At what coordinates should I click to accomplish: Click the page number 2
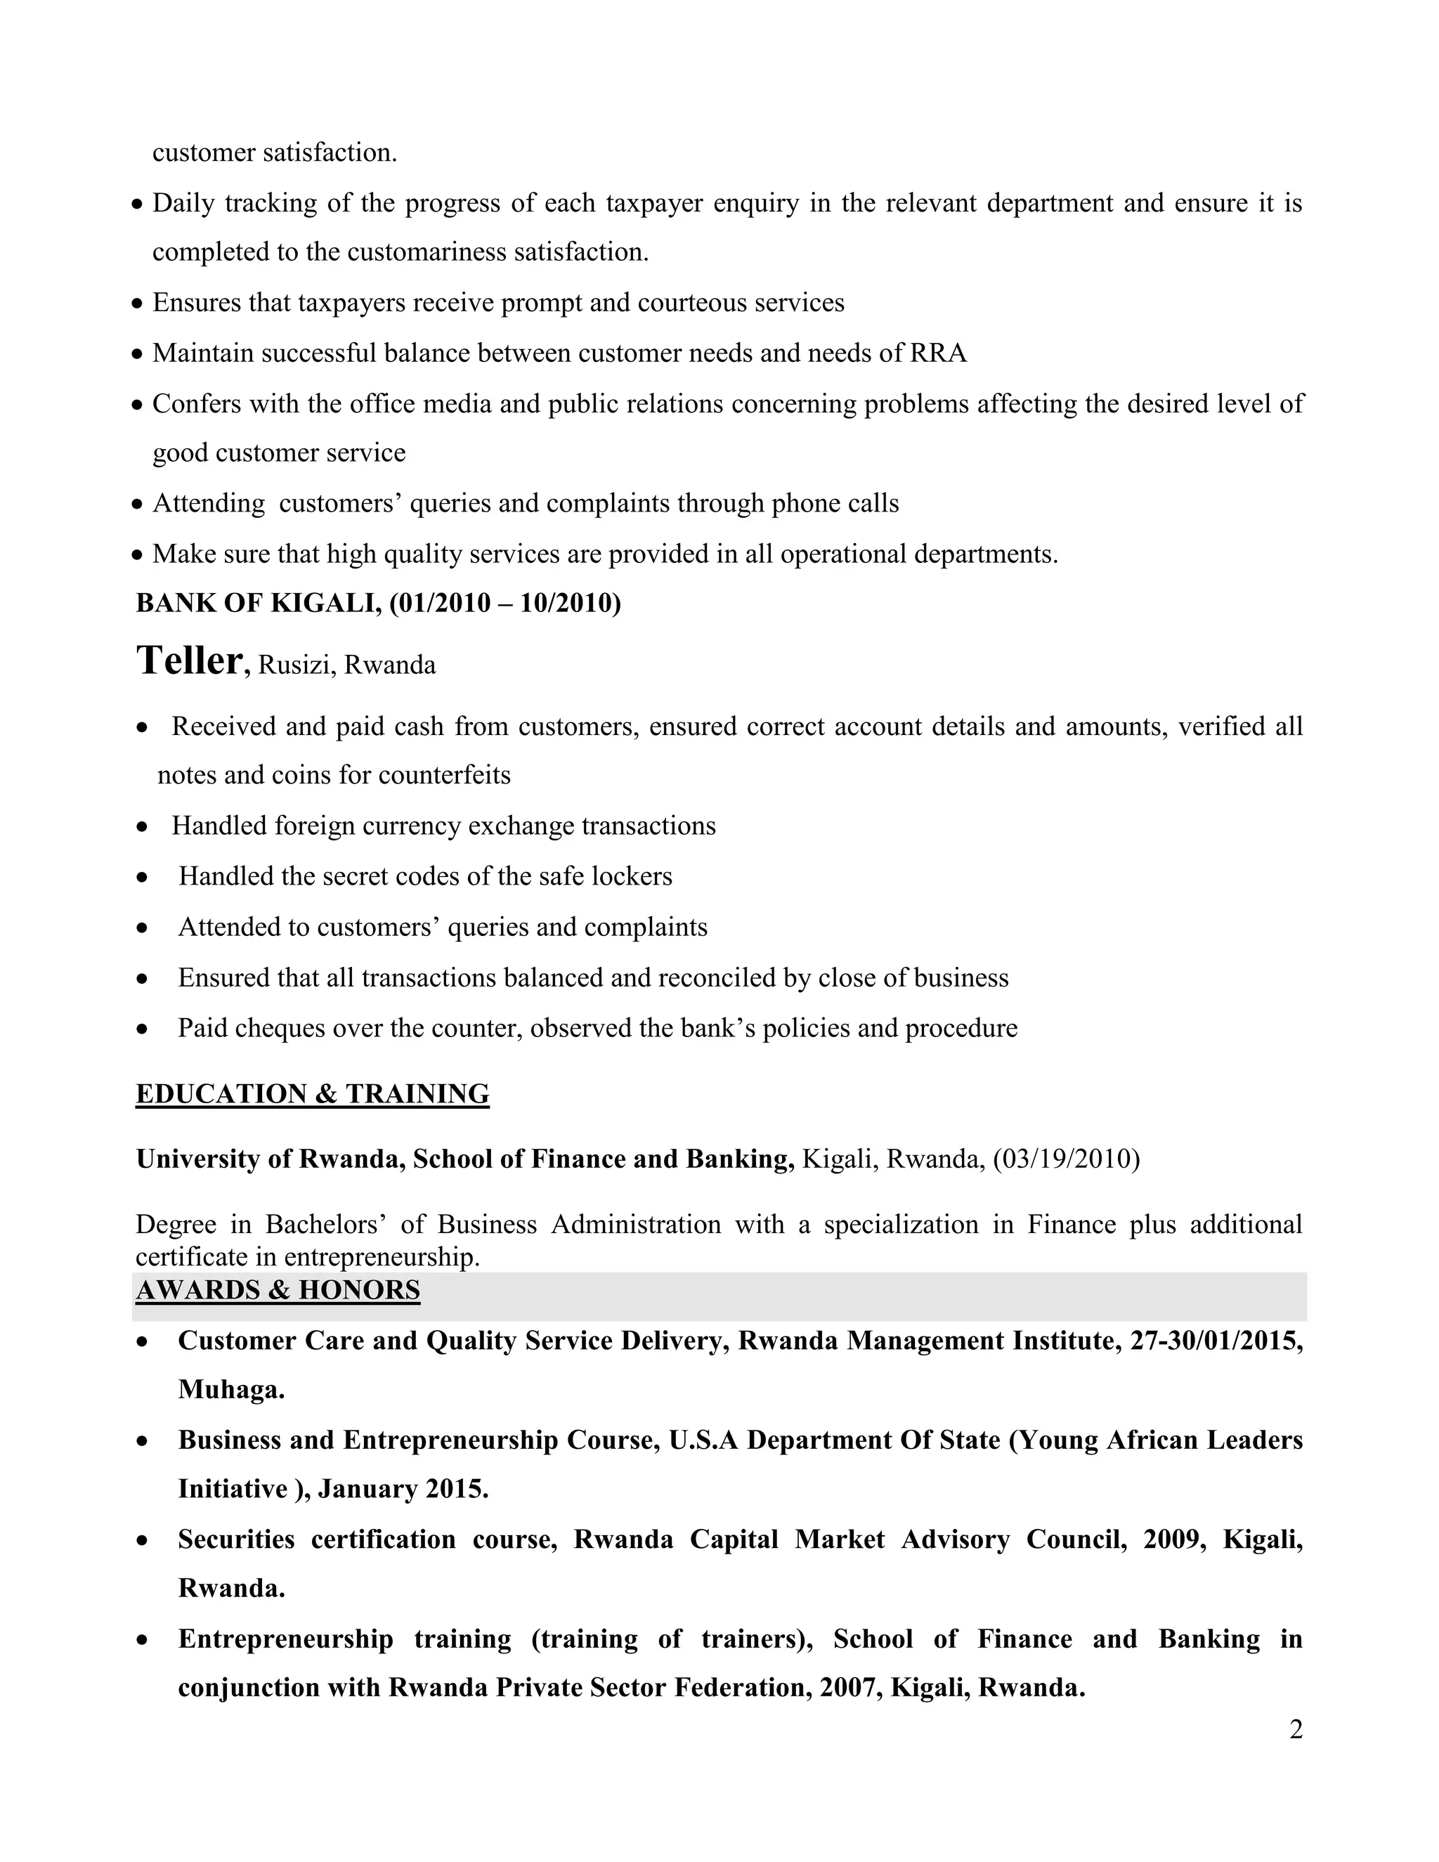point(1296,1730)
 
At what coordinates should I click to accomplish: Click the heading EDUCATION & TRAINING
point(312,1094)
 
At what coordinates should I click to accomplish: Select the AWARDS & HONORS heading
point(278,1290)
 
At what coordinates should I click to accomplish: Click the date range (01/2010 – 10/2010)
point(504,603)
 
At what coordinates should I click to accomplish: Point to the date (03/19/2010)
point(1067,1159)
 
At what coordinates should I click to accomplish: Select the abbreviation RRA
point(938,353)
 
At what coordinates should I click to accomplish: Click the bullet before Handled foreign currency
point(143,826)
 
